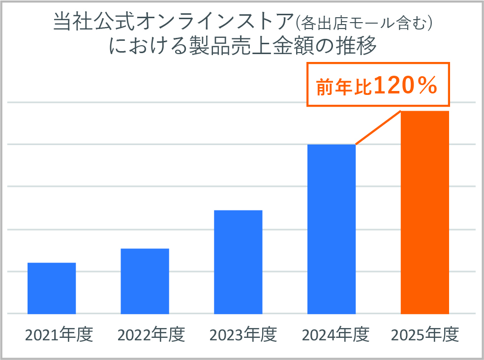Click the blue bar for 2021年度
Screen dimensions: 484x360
[x=52, y=288]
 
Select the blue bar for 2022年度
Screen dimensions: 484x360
[x=145, y=281]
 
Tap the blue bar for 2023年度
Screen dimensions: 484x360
[x=238, y=262]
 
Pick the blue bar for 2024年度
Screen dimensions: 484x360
[x=332, y=229]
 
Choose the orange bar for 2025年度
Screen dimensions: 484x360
[x=425, y=212]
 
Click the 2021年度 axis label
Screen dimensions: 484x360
[x=59, y=334]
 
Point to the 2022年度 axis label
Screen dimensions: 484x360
[x=151, y=334]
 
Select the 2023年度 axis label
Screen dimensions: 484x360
[x=243, y=334]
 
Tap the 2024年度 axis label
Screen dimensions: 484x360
[x=335, y=334]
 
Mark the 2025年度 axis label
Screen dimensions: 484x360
[x=425, y=334]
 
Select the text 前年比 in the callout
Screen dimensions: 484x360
[x=344, y=87]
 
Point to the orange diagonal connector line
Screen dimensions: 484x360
[x=378, y=127]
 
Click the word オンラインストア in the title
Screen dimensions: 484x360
[x=214, y=22]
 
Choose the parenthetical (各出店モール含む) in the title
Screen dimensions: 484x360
[x=363, y=23]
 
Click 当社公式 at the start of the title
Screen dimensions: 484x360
[x=94, y=22]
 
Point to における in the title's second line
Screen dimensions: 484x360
[x=148, y=46]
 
